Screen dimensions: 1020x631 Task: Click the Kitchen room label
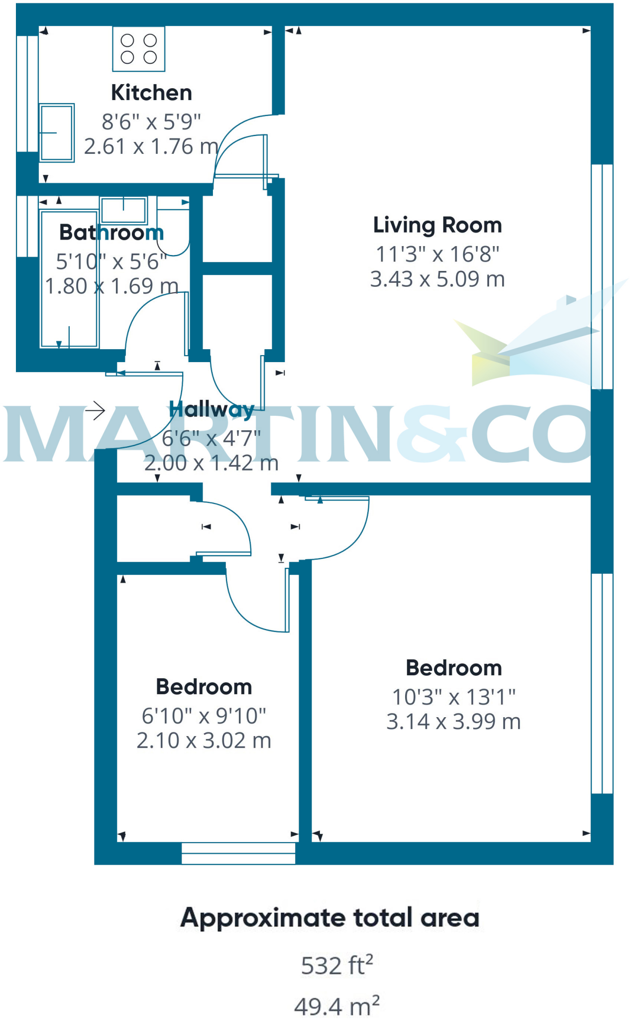[x=151, y=93]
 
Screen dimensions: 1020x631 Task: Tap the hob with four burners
[x=138, y=49]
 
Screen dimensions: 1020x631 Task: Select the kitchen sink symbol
[x=57, y=132]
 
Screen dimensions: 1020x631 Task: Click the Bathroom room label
[x=111, y=233]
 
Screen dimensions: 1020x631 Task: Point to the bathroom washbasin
[x=123, y=210]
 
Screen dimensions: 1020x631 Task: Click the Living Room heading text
[x=437, y=225]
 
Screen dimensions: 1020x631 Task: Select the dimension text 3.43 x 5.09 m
[x=437, y=279]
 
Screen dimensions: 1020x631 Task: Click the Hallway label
[x=211, y=409]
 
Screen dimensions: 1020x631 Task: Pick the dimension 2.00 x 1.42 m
[x=211, y=463]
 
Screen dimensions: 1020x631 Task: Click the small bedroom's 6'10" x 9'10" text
[x=204, y=716]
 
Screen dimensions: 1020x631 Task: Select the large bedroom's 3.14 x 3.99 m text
[x=453, y=722]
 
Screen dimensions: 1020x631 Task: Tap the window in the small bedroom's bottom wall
[x=238, y=853]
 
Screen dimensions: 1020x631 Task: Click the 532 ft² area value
[x=337, y=965]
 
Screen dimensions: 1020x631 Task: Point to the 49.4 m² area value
[x=337, y=1006]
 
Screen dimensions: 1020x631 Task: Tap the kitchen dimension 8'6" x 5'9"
[x=151, y=122]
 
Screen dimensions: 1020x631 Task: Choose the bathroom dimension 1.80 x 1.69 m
[x=111, y=286]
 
